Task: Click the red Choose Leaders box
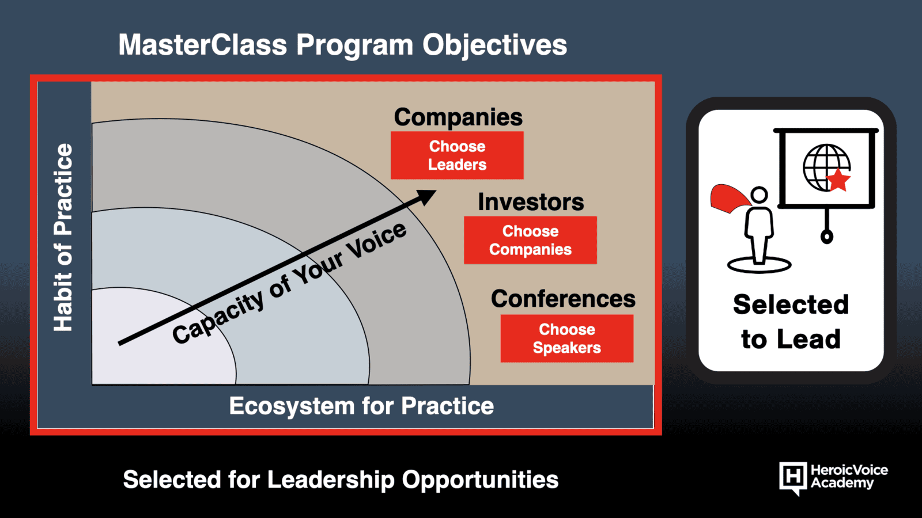click(457, 155)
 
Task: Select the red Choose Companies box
click(530, 240)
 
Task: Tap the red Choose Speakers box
click(567, 338)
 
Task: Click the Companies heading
click(458, 117)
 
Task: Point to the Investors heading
click(531, 202)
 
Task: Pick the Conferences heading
click(563, 299)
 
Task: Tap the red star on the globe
click(838, 180)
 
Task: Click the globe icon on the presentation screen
click(826, 167)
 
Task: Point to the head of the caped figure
click(759, 195)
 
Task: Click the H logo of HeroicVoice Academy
click(793, 478)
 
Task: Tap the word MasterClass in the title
click(202, 45)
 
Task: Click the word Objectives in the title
click(495, 45)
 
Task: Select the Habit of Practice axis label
click(63, 237)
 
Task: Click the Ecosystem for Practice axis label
click(361, 406)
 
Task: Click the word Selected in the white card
click(791, 304)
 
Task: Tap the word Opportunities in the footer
click(480, 480)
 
